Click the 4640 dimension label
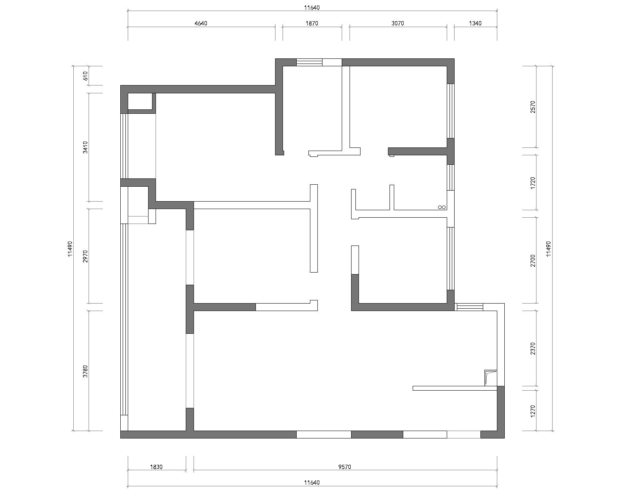[x=201, y=24]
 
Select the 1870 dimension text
[x=312, y=24]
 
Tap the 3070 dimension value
[x=398, y=24]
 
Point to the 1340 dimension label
[x=475, y=24]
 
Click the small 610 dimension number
[x=85, y=76]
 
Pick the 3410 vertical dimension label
[x=85, y=147]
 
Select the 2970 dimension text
[x=85, y=256]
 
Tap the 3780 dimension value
[x=85, y=371]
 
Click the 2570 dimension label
[x=533, y=107]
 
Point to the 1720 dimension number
[x=533, y=183]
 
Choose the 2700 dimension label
[x=533, y=260]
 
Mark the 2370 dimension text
[x=533, y=349]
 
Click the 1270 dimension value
[x=533, y=411]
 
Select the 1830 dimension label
[x=156, y=467]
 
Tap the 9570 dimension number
[x=345, y=467]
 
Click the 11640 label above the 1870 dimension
[x=312, y=8]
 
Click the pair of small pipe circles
[x=442, y=207]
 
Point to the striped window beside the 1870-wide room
[x=310, y=62]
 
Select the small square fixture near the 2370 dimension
[x=491, y=378]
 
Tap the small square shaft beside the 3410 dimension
[x=140, y=102]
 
